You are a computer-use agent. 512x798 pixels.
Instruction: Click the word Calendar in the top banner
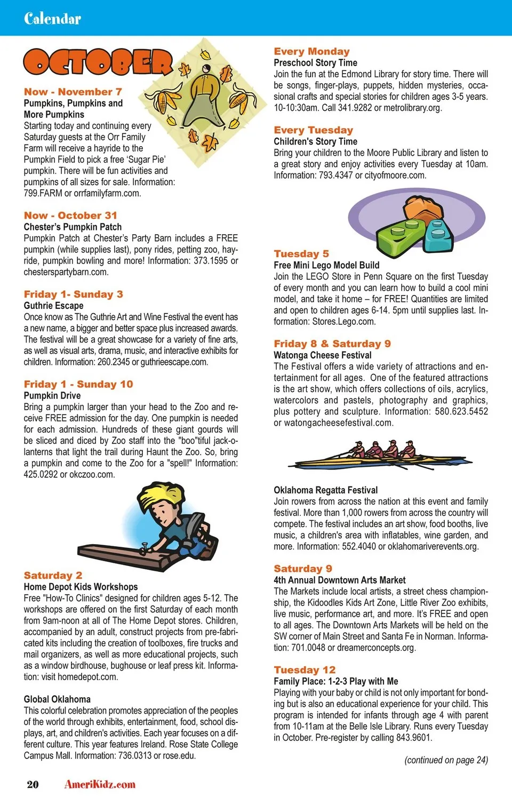click(x=52, y=19)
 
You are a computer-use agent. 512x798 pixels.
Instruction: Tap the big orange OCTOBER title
click(x=99, y=62)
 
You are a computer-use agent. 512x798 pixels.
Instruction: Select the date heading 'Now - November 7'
click(x=73, y=92)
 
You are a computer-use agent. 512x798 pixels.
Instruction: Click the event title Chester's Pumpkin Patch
click(x=73, y=227)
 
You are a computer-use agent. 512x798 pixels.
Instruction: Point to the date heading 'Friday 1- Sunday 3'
click(x=74, y=294)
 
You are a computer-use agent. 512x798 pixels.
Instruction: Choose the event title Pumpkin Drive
click(x=52, y=395)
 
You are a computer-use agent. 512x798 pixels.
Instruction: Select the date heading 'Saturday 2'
click(x=53, y=575)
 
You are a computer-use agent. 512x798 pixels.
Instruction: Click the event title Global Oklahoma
click(x=57, y=699)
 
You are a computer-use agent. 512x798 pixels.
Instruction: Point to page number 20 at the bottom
click(x=33, y=784)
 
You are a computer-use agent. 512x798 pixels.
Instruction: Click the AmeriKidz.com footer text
click(x=100, y=784)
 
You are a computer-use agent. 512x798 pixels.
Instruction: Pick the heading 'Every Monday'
click(x=311, y=51)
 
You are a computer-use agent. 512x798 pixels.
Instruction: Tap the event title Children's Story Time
click(x=315, y=141)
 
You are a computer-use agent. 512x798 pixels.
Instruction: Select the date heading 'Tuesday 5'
click(x=301, y=253)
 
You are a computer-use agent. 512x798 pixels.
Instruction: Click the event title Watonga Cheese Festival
click(x=322, y=355)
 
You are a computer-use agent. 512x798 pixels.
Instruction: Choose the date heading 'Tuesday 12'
click(x=305, y=669)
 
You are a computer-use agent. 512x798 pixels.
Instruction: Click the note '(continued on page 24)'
click(x=446, y=760)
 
